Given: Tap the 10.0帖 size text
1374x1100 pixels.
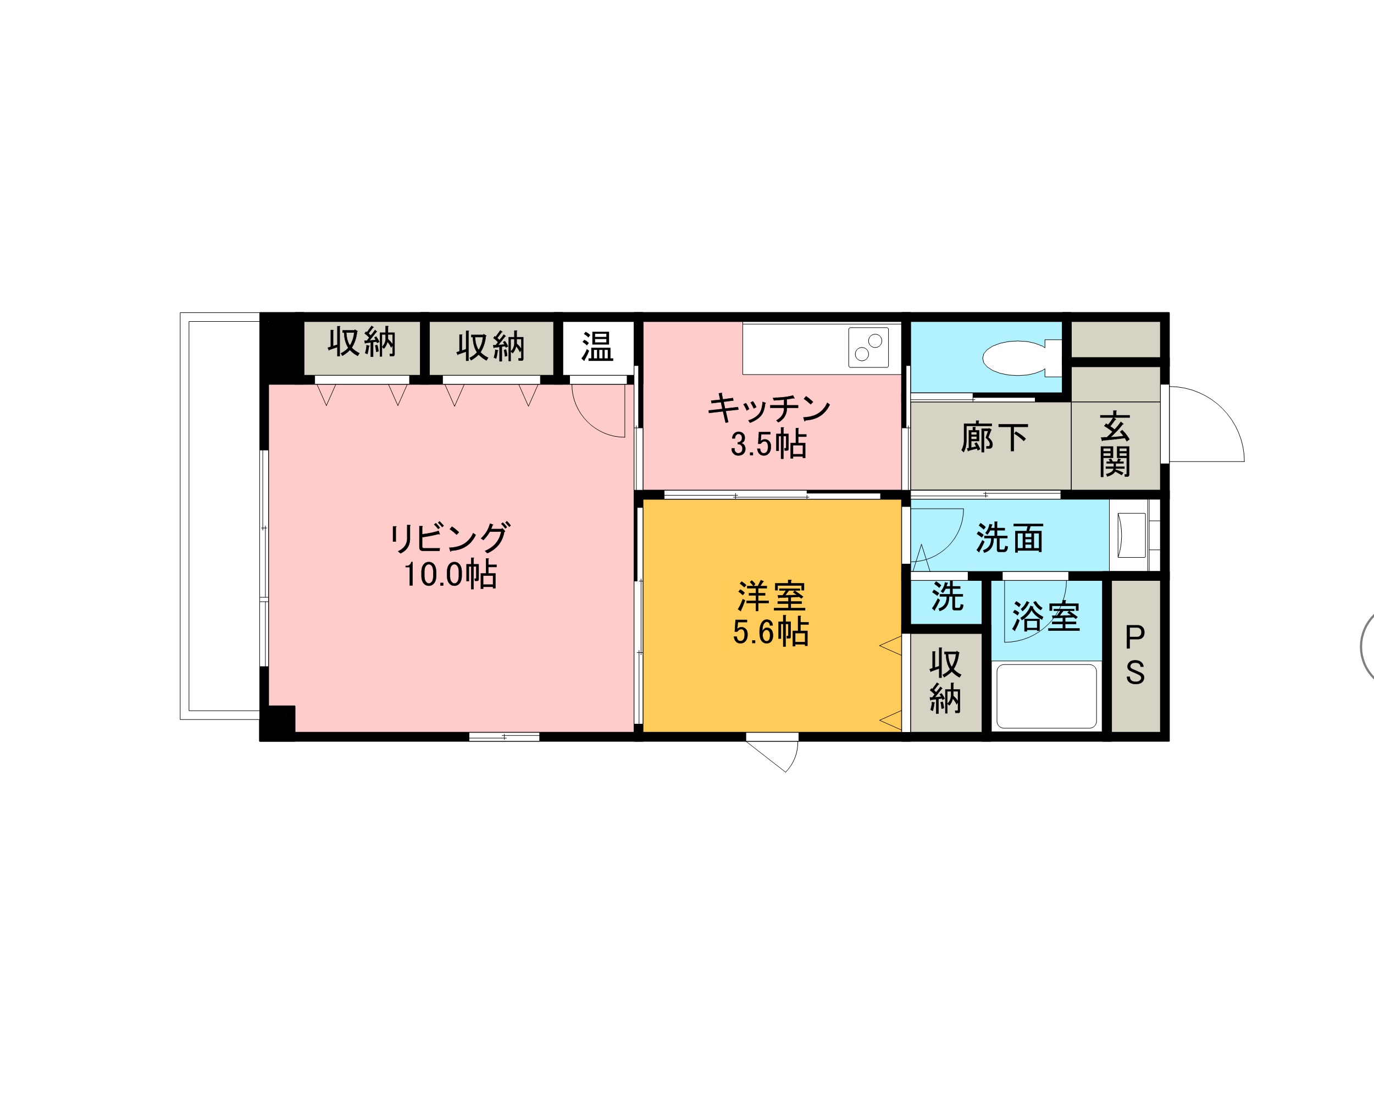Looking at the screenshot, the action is (451, 574).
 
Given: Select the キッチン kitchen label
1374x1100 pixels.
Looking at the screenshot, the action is (769, 408).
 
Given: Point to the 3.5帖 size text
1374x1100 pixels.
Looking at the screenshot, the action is (768, 444).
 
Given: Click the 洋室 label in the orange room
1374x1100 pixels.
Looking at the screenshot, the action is (772, 596).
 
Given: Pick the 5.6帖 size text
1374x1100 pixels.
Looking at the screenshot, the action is (771, 632).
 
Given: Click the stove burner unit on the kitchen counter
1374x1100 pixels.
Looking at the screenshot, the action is (868, 348).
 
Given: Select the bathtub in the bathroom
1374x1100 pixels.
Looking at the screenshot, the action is (1046, 696).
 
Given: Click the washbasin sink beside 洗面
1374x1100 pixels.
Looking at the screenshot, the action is (1131, 535).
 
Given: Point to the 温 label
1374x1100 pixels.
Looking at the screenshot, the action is (597, 348).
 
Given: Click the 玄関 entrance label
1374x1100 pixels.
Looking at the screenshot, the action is (1115, 444).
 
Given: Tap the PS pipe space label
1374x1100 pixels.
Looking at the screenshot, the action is (1135, 654).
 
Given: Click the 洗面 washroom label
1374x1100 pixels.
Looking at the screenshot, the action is (1010, 538).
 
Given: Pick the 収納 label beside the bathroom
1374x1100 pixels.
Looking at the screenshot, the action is (945, 681).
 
